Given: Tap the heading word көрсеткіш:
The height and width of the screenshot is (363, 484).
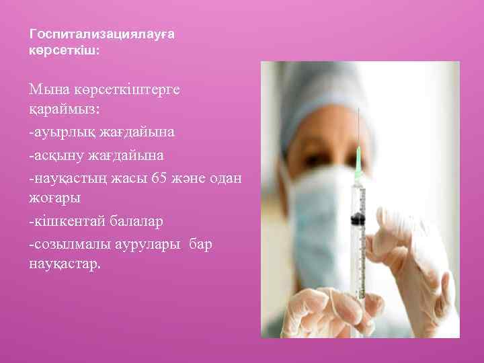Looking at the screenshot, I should (x=65, y=50).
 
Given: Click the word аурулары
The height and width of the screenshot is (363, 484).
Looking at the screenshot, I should (x=151, y=243).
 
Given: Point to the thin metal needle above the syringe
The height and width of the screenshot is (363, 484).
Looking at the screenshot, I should (x=359, y=128).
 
